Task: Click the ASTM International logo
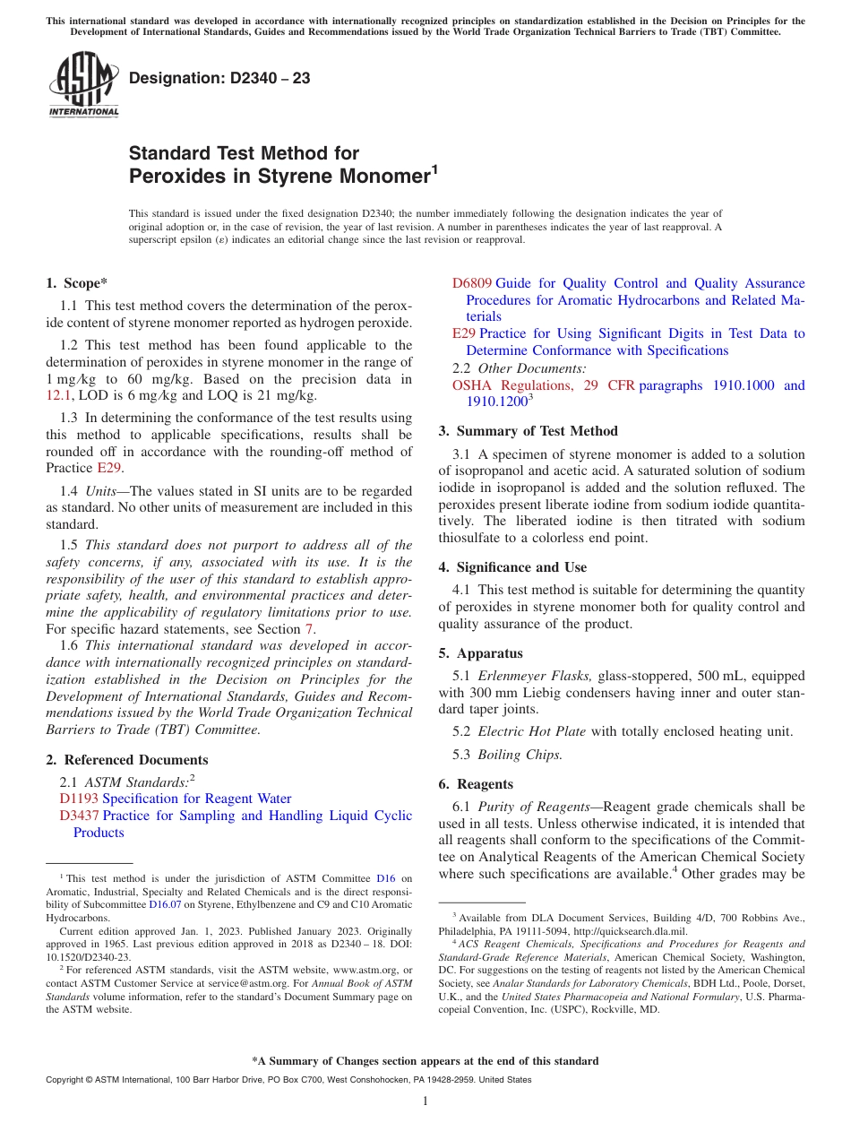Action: [x=83, y=84]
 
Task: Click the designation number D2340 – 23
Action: [x=219, y=79]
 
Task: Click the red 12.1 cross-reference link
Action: [x=57, y=395]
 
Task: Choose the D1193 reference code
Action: [x=79, y=799]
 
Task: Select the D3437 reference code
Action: [x=79, y=816]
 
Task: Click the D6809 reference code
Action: [x=471, y=283]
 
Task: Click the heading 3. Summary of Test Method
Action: [x=528, y=431]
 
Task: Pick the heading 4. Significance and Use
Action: [x=512, y=567]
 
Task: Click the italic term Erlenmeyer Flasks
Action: [x=535, y=676]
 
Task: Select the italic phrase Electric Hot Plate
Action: [x=532, y=731]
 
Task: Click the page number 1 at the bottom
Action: [x=425, y=1101]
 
